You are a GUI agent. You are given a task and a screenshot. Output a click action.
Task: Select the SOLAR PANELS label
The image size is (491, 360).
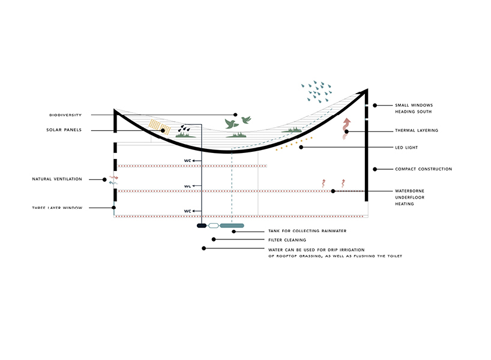coord(64,130)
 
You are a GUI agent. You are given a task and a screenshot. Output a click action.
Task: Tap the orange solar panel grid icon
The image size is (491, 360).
coord(159,126)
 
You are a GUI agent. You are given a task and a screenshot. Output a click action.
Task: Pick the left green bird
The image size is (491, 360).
coord(229,124)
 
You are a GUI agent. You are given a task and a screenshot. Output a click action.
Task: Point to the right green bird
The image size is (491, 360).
coord(245,120)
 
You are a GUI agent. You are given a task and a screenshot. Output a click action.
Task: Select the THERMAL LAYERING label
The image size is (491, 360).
coord(416,130)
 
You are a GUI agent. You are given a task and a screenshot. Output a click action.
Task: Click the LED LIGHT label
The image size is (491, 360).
coord(406,148)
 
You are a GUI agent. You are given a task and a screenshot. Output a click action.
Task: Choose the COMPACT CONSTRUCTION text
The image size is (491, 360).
coord(423,169)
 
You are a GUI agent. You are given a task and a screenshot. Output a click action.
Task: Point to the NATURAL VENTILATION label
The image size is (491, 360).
coord(57,179)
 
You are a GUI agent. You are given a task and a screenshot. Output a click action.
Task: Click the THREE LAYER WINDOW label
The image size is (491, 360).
coord(58,208)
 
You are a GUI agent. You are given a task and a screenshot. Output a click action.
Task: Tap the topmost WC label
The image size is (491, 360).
coord(187,161)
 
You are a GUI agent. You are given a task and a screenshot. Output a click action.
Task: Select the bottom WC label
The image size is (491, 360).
coord(187,211)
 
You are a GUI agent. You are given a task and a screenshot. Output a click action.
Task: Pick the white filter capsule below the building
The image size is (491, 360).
coord(213,226)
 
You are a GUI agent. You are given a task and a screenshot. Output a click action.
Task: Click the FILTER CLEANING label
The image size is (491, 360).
coord(286,239)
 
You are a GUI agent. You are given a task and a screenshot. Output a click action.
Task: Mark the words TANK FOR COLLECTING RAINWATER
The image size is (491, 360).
coord(307,231)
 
